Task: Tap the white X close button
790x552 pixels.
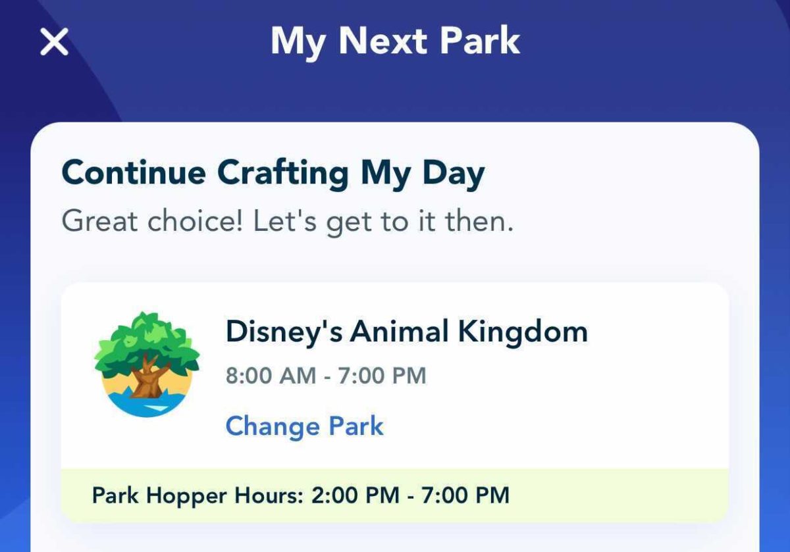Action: pyautogui.click(x=54, y=43)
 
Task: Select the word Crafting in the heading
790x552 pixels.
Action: pyautogui.click(x=283, y=174)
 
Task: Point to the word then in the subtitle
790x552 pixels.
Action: pyautogui.click(x=479, y=222)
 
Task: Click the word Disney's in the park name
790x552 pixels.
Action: pyautogui.click(x=284, y=332)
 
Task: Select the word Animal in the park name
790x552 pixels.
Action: pyautogui.click(x=399, y=332)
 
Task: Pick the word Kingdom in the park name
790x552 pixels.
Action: pyautogui.click(x=523, y=332)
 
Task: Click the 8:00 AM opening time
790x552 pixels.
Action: pyautogui.click(x=270, y=376)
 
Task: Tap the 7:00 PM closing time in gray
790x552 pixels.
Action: pyautogui.click(x=382, y=376)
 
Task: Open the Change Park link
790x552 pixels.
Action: pyautogui.click(x=304, y=426)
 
